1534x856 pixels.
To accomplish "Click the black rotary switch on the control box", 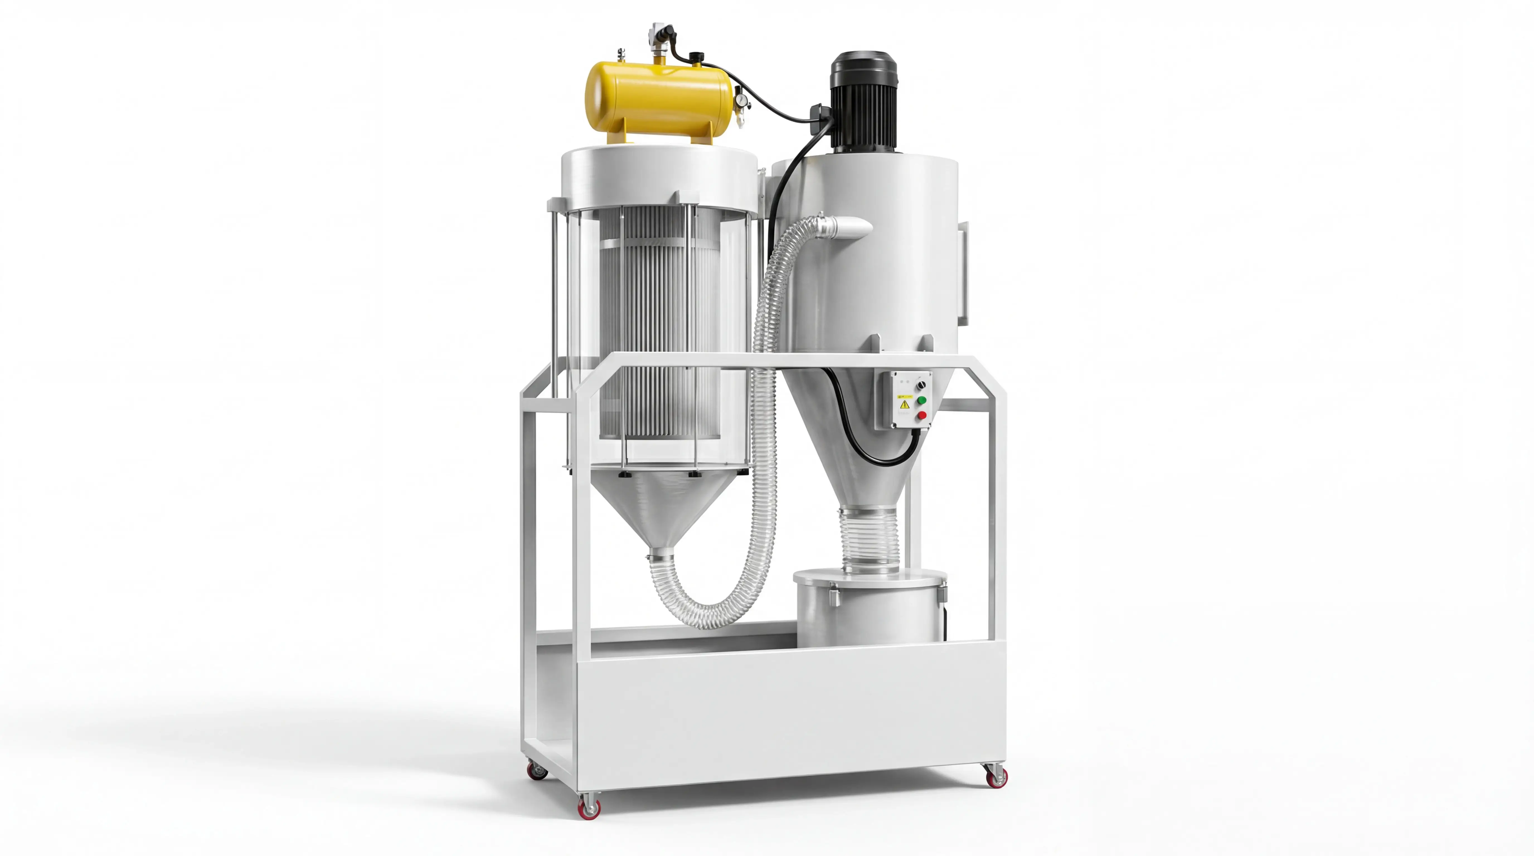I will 922,385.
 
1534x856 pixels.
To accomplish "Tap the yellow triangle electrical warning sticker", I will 905,405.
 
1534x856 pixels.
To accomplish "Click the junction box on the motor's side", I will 817,113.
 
